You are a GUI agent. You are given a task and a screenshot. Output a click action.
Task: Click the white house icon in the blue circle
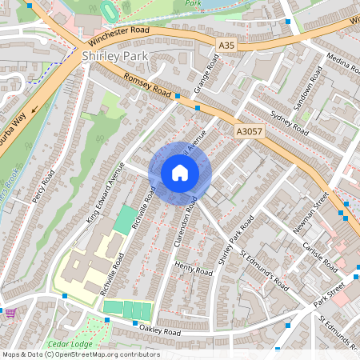(x=180, y=172)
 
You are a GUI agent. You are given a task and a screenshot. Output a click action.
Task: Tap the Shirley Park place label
(x=114, y=56)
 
